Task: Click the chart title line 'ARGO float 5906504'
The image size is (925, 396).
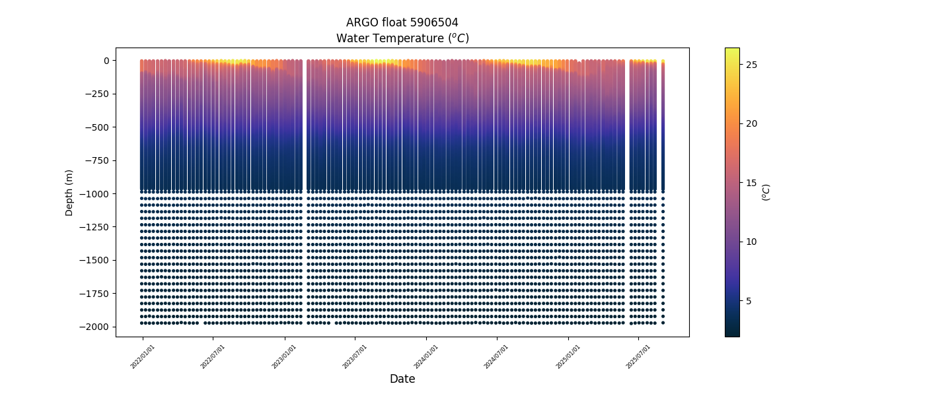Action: tap(402, 22)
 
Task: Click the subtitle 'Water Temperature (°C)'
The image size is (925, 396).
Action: tap(402, 38)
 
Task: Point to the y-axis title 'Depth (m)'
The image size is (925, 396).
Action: tap(69, 192)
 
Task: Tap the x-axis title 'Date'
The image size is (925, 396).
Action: tap(402, 379)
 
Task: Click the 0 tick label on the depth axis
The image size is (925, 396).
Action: tap(106, 61)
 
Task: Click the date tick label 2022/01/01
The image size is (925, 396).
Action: tap(143, 356)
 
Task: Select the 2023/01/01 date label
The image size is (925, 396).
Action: tap(285, 356)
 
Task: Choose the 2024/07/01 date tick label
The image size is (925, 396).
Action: tap(497, 356)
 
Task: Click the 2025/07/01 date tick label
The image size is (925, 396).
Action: tap(639, 356)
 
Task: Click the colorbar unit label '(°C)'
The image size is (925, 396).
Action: tap(766, 192)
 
